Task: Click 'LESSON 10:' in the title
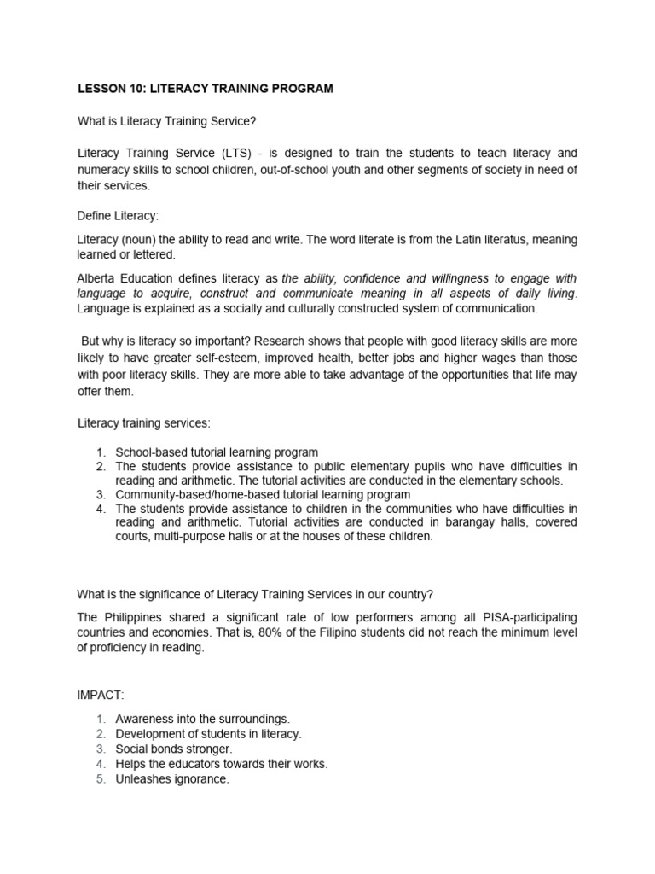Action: pyautogui.click(x=108, y=89)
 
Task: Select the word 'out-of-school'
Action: pyautogui.click(x=289, y=169)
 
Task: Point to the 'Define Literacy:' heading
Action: pyautogui.click(x=119, y=217)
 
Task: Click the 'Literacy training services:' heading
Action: pyautogui.click(x=143, y=422)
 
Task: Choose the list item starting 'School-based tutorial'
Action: pyautogui.click(x=217, y=452)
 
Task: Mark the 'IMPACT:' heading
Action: pyautogui.click(x=101, y=696)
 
